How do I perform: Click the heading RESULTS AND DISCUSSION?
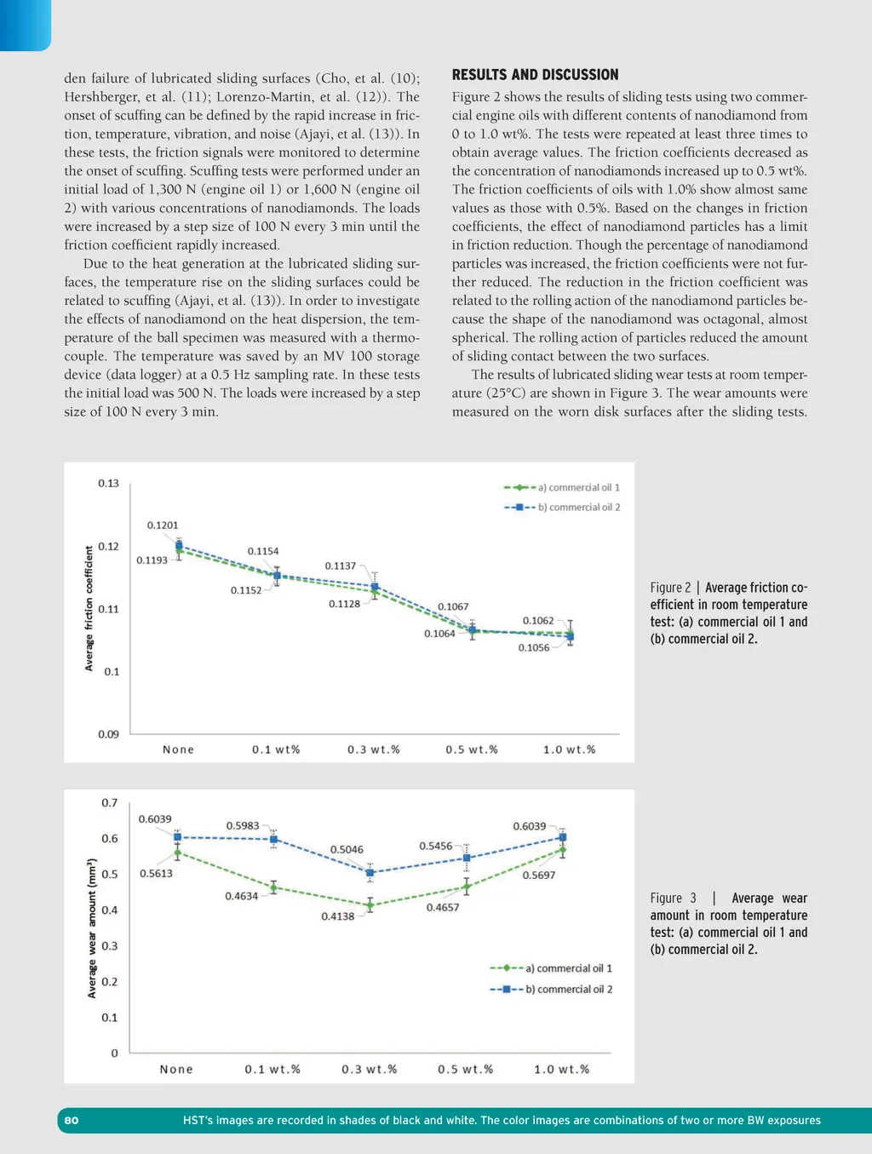point(535,75)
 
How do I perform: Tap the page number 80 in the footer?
point(72,1120)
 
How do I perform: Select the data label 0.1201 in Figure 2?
point(163,525)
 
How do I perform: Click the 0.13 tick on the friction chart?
point(108,484)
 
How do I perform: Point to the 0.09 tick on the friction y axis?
point(108,734)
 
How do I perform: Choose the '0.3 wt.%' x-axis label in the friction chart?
point(374,749)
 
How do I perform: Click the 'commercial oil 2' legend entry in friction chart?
point(579,508)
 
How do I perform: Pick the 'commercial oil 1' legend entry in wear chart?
point(569,968)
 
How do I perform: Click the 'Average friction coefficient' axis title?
point(89,609)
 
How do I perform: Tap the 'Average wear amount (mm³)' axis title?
point(92,927)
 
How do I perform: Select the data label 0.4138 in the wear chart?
point(337,916)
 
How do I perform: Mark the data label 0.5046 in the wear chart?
point(347,850)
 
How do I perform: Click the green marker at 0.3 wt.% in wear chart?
point(370,904)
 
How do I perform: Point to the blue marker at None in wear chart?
point(178,837)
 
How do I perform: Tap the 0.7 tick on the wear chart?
point(110,803)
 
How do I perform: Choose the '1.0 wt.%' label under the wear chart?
point(561,1069)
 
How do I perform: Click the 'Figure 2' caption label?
point(670,588)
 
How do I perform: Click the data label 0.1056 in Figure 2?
point(534,648)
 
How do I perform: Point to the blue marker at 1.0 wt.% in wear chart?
point(562,837)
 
